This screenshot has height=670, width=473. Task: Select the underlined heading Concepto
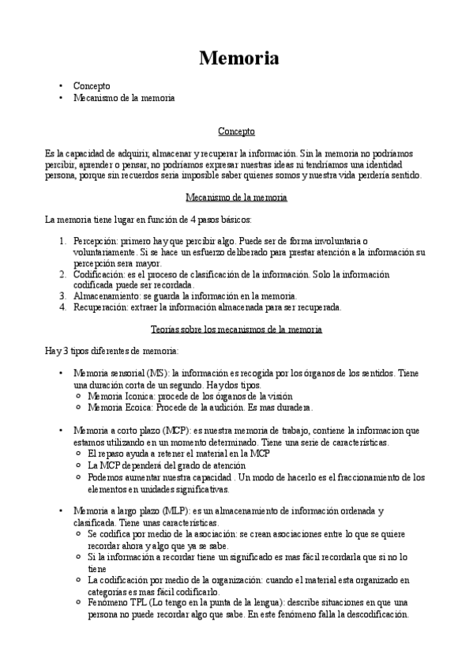(x=236, y=131)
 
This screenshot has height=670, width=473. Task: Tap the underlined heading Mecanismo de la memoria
(x=235, y=197)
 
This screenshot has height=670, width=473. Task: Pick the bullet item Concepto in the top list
(x=92, y=85)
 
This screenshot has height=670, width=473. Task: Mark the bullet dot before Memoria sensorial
(x=61, y=372)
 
